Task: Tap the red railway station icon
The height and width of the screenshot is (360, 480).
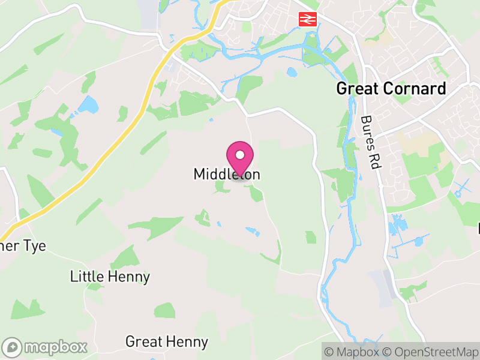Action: pos(307,19)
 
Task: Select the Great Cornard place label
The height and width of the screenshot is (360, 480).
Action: pos(391,89)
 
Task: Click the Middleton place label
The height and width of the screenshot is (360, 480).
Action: pos(227,174)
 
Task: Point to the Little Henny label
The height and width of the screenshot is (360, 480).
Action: pos(110,277)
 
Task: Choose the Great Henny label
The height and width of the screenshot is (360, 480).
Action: pos(166,342)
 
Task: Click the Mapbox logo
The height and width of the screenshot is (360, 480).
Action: pos(46,347)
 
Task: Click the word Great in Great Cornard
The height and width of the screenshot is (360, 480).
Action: pos(355,89)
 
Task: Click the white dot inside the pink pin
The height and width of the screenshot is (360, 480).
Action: pos(240,155)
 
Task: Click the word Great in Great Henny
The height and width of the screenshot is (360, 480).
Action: pos(144,342)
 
